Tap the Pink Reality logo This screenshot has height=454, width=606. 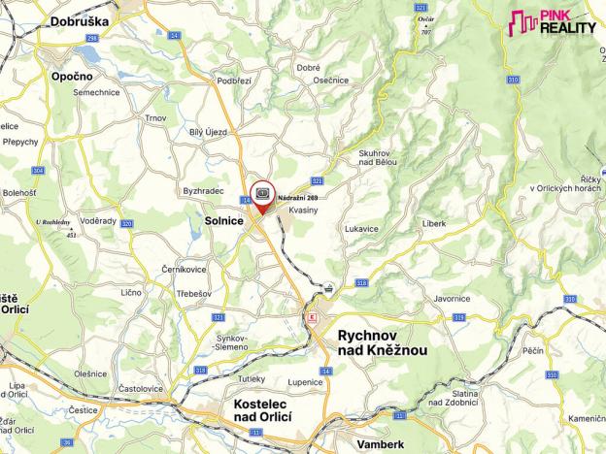click(552, 22)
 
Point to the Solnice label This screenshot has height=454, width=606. click(224, 221)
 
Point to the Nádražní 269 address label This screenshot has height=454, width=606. click(298, 198)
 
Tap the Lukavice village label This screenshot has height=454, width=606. click(360, 229)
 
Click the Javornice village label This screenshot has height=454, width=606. click(453, 299)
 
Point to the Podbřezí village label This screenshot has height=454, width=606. click(208, 81)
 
